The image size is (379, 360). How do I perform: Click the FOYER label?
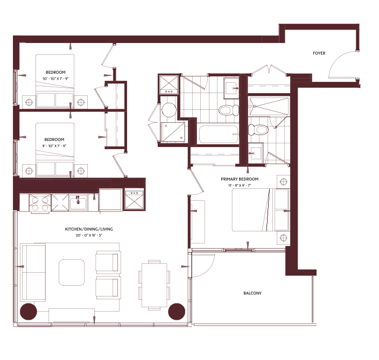click(x=319, y=53)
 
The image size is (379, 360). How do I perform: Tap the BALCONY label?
click(x=252, y=293)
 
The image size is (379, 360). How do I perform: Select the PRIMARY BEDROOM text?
click(x=240, y=179)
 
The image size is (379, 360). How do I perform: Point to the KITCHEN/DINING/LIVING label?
click(x=89, y=229)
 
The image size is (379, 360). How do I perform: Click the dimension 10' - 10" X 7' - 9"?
click(x=55, y=79)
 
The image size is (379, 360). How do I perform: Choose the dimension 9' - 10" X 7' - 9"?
click(x=54, y=146)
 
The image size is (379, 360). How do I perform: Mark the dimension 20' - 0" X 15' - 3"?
click(x=89, y=235)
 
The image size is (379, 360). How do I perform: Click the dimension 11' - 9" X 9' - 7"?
click(x=240, y=185)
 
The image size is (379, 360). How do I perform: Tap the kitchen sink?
click(x=78, y=202)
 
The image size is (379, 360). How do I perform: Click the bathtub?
click(x=219, y=134)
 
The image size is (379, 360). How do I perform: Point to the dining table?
click(x=154, y=285)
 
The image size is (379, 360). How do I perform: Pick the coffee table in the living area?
click(x=72, y=272)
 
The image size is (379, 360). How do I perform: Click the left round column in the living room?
click(x=29, y=312)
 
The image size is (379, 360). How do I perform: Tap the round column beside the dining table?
click(x=177, y=312)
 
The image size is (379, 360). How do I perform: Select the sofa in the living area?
click(x=33, y=272)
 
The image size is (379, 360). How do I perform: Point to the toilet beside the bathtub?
click(x=229, y=110)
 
